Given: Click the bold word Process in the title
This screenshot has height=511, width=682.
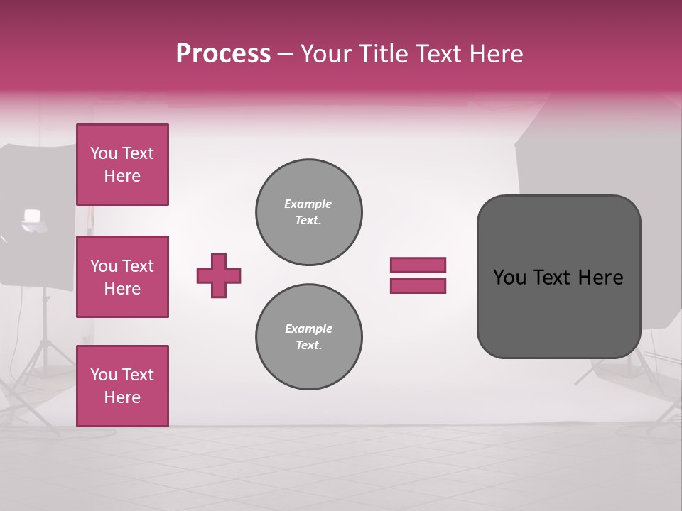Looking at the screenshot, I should (x=223, y=54).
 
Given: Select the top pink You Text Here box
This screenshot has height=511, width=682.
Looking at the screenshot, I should (x=122, y=165).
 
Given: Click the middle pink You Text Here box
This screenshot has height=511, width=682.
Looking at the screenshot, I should (x=122, y=277).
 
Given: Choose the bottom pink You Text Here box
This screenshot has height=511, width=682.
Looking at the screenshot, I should (x=122, y=386).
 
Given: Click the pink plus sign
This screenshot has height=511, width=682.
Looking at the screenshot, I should (x=219, y=275).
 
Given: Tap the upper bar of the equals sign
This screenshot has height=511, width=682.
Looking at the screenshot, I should (x=418, y=265).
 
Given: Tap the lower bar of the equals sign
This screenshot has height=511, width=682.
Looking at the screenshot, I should (x=418, y=286).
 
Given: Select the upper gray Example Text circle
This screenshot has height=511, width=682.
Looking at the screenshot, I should (x=309, y=212).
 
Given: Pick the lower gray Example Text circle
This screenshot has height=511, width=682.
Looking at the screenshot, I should (x=309, y=337).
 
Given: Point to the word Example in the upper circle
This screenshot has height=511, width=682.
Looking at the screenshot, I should (x=308, y=204).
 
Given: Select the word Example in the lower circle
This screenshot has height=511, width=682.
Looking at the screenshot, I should (x=308, y=329).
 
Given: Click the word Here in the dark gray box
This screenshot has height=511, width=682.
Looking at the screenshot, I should (x=601, y=278).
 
